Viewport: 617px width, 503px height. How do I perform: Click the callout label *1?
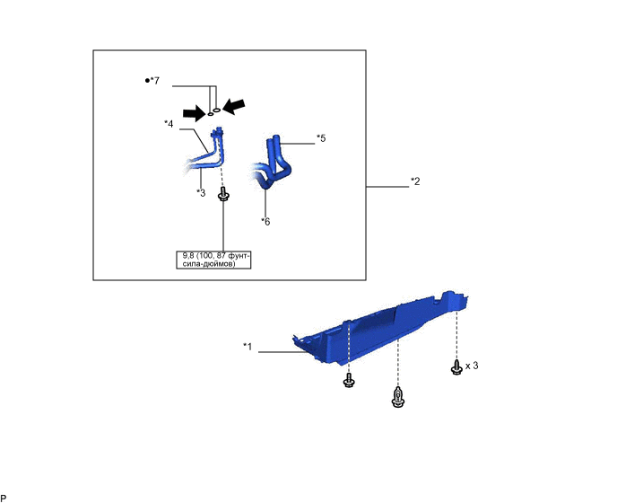[x=248, y=347]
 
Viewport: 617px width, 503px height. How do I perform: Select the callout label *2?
[x=415, y=181]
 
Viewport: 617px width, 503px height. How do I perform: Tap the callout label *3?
[x=201, y=193]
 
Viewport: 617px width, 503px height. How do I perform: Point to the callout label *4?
[x=169, y=124]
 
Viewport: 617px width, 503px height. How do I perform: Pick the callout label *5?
[x=321, y=138]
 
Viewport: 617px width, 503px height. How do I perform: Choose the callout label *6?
[x=265, y=222]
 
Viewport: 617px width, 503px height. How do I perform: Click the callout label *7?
[x=152, y=81]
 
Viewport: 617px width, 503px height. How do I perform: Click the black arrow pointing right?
[x=195, y=114]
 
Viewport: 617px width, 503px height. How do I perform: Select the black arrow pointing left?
[x=234, y=106]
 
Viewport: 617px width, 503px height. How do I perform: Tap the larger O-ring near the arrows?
[x=216, y=110]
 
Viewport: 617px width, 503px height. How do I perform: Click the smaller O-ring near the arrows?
[x=211, y=114]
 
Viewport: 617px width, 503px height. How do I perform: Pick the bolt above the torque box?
[x=223, y=194]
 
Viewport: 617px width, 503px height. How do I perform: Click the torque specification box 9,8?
[x=213, y=260]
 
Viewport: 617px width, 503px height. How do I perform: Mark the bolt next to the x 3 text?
[x=456, y=366]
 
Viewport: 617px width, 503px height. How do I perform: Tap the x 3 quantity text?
[x=472, y=366]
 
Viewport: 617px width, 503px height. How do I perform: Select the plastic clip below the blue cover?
[x=398, y=397]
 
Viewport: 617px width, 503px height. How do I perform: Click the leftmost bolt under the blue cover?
[x=349, y=380]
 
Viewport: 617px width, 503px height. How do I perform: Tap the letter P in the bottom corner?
[x=4, y=499]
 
